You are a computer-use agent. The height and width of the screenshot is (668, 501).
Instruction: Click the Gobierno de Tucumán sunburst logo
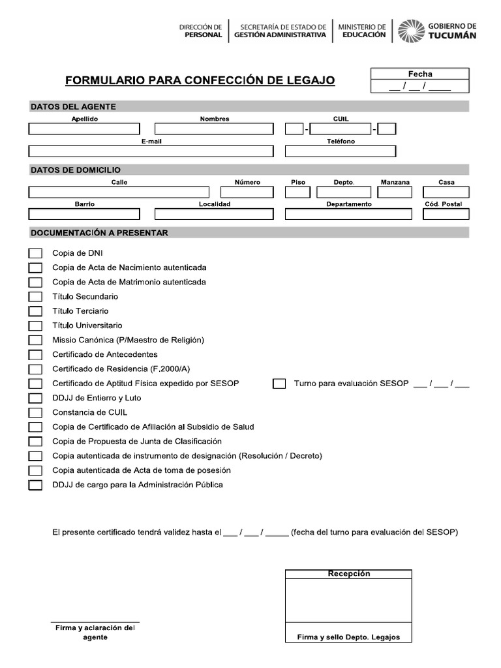tap(411, 31)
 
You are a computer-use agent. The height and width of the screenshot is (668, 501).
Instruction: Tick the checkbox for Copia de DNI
tap(35, 253)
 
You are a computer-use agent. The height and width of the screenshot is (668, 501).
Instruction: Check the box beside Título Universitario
tap(35, 326)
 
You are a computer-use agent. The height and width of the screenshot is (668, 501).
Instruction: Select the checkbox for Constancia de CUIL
tap(35, 412)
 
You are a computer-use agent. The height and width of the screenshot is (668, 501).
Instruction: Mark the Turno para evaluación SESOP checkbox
tap(279, 384)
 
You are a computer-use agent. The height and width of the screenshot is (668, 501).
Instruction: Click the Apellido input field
tap(84, 129)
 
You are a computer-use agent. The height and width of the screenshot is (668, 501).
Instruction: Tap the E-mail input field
tap(151, 151)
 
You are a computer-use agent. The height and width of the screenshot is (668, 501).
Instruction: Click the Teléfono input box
tap(340, 151)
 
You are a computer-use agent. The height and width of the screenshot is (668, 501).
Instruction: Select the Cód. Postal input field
tap(443, 214)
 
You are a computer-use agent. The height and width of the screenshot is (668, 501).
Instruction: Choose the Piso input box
tap(297, 192)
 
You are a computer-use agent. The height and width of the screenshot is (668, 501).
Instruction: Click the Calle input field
tap(119, 192)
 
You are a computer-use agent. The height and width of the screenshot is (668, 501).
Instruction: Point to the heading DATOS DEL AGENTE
tap(73, 106)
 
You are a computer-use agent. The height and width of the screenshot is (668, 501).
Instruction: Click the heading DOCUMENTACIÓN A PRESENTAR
tap(99, 233)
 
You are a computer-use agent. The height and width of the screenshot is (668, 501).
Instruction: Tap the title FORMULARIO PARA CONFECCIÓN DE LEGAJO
tap(200, 80)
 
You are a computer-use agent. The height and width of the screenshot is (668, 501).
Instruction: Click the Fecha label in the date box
tap(419, 74)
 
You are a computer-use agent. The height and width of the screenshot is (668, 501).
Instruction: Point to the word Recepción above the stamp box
tap(348, 574)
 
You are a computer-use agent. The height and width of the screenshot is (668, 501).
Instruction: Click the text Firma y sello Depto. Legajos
tap(348, 637)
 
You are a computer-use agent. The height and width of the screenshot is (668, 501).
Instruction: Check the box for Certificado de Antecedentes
tap(35, 355)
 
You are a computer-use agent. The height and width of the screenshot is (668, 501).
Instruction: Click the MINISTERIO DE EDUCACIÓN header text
tap(362, 31)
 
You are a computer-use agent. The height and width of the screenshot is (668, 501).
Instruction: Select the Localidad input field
tap(214, 214)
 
